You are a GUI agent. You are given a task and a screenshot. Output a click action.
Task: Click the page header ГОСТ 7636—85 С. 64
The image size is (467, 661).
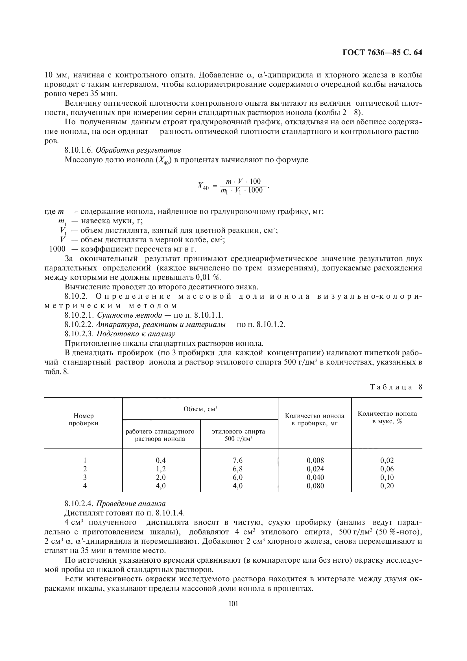pyautogui.click(x=382, y=53)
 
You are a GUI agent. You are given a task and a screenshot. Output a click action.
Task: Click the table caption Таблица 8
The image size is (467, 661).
pyautogui.click(x=396, y=387)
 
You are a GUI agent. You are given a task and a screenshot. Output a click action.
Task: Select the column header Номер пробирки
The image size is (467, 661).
pyautogui.click(x=83, y=419)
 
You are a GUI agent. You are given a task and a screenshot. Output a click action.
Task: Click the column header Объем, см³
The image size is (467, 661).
pyautogui.click(x=200, y=409)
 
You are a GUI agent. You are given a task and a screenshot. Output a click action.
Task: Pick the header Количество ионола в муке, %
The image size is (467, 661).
pyautogui.click(x=387, y=417)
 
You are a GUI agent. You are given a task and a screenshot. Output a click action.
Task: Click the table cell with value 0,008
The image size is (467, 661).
pyautogui.click(x=315, y=460)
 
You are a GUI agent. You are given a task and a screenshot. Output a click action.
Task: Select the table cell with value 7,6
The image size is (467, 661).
pyautogui.click(x=237, y=460)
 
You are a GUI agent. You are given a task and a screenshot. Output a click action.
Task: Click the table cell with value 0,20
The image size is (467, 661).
pyautogui.click(x=387, y=486)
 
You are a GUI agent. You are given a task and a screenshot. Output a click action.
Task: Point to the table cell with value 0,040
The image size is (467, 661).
pyautogui.click(x=315, y=477)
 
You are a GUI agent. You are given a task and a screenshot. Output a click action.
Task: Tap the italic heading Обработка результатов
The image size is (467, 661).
pyautogui.click(x=138, y=150)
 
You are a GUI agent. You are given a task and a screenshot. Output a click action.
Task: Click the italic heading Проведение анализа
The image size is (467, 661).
pyautogui.click(x=130, y=504)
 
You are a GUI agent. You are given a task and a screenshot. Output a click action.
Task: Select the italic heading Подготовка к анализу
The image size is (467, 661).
pyautogui.click(x=136, y=334)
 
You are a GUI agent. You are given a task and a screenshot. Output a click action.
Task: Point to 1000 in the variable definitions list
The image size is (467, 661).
pyautogui.click(x=57, y=249)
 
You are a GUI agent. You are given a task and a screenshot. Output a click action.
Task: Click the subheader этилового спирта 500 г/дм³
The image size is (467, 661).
pyautogui.click(x=238, y=435)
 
